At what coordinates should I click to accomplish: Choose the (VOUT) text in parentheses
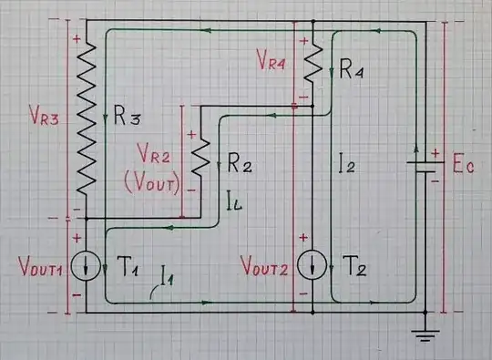[x=155, y=179]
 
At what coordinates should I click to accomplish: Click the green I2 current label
[x=346, y=164]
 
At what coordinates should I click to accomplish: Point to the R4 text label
[x=352, y=70]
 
